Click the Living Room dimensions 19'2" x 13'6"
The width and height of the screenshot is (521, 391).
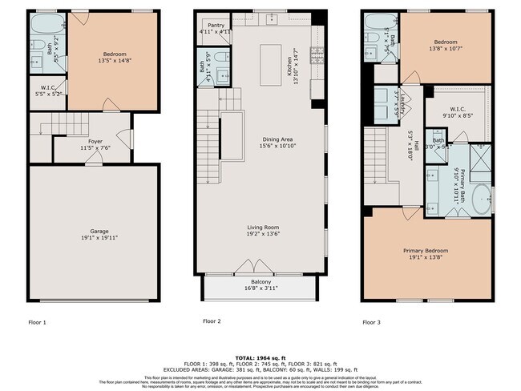click(x=263, y=234)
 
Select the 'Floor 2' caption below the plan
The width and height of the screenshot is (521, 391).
click(x=211, y=321)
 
